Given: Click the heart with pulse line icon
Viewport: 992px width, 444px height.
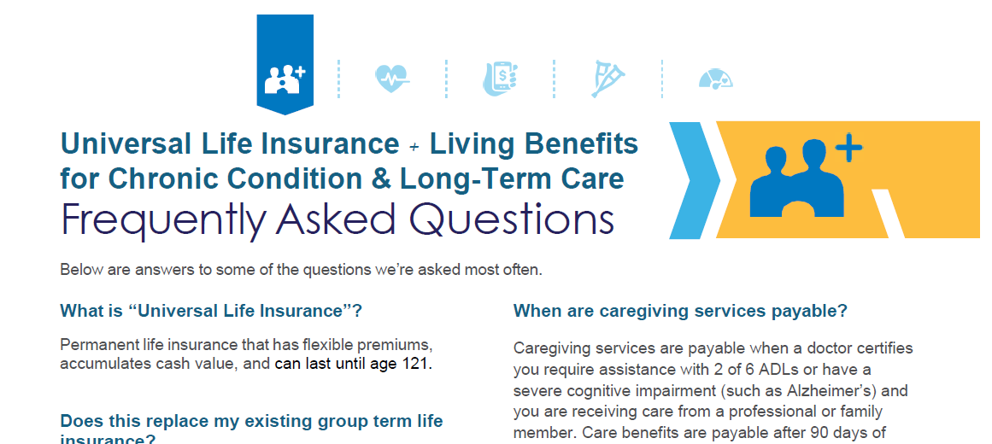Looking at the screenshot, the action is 391,79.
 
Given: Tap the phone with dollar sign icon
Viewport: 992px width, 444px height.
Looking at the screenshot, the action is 501,79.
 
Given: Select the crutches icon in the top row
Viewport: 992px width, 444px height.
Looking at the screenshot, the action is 608,79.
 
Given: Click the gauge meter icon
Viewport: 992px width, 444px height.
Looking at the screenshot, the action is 715,79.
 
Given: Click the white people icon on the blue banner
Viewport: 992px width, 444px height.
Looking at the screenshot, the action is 285,79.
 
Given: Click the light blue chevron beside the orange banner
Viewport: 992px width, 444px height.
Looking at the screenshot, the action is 695,180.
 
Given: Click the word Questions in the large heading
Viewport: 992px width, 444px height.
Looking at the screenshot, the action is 511,219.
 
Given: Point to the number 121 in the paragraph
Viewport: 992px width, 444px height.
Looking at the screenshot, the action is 415,365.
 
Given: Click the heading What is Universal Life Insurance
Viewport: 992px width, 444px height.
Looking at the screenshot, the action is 211,311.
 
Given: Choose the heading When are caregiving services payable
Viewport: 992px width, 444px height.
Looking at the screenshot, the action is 680,311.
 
